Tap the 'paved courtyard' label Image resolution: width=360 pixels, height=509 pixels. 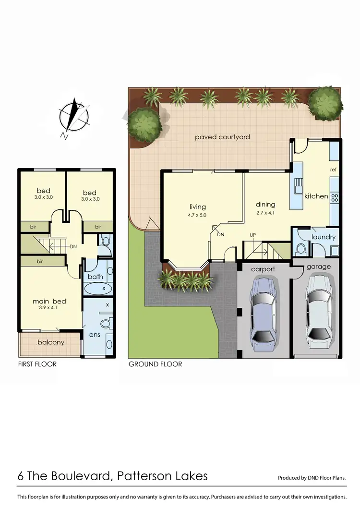coord(222,137)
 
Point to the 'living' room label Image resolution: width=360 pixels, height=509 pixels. coord(197,207)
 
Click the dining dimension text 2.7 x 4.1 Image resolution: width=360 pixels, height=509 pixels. coord(265,213)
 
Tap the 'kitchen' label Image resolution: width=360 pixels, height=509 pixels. coord(316,196)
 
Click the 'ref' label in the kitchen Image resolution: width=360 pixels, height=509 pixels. coord(333,170)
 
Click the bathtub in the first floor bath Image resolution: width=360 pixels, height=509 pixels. coord(98,288)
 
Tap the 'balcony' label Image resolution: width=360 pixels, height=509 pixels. coord(50,342)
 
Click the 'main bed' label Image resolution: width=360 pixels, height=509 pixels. coord(49,301)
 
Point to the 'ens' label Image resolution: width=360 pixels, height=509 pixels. coord(95,334)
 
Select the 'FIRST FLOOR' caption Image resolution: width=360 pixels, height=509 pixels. coord(37,364)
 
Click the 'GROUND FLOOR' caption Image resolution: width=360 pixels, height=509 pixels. coord(155,364)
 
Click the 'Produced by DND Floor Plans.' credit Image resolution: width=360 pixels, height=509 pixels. coord(312,478)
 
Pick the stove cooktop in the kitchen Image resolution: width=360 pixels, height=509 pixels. coord(335,197)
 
